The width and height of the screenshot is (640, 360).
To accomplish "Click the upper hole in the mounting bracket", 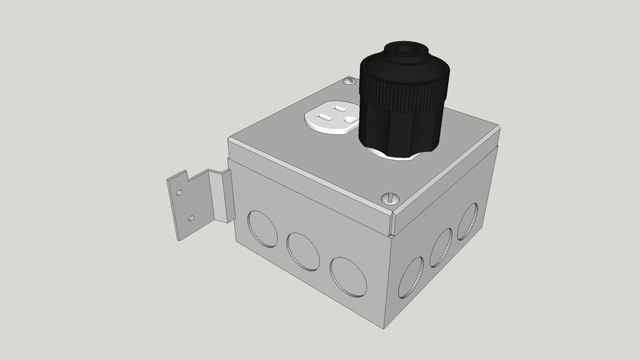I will [x=180, y=191].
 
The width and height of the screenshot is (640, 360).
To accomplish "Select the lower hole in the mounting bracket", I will [x=190, y=218].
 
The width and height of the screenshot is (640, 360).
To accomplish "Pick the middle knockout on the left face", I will [x=303, y=252].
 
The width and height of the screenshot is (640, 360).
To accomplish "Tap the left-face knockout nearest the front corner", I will [x=347, y=276].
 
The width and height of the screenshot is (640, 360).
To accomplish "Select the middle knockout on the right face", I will [x=441, y=247].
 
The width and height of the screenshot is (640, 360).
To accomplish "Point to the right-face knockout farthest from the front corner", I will [x=468, y=221].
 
